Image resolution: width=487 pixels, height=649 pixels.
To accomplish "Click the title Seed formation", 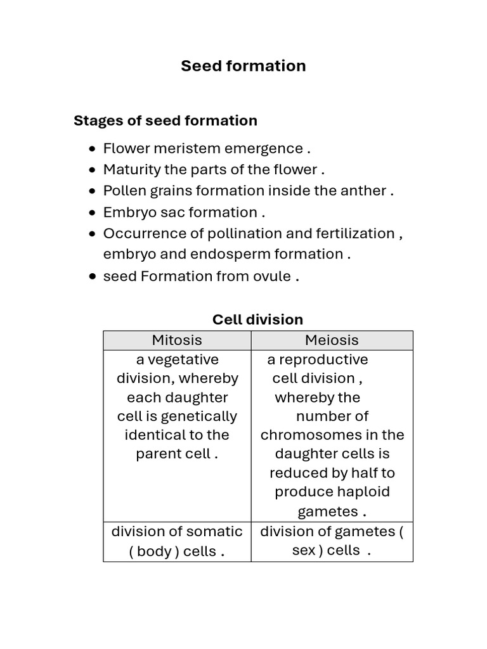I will point(243,66).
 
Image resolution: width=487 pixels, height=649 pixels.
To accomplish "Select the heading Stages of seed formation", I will point(166,120).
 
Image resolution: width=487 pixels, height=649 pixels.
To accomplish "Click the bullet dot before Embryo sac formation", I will point(93,212).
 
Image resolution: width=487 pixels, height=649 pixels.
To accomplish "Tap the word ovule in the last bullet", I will point(271,276).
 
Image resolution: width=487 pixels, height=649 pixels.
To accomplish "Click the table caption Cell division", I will point(257,319).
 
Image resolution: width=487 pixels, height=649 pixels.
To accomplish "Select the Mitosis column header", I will point(177,340).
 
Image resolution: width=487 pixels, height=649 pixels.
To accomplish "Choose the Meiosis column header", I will point(332,340).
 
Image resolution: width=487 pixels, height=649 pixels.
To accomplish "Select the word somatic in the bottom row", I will point(214,531).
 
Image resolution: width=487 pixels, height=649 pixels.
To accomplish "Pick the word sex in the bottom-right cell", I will point(303,550).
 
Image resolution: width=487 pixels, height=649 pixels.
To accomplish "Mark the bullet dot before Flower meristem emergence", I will point(93,149).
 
